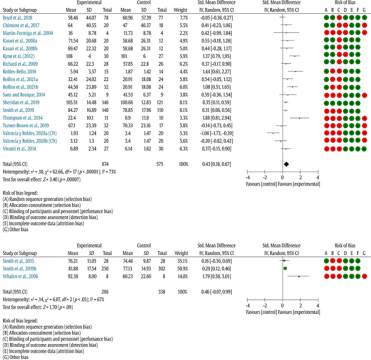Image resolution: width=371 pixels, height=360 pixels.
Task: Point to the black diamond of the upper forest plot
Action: [286, 165]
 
